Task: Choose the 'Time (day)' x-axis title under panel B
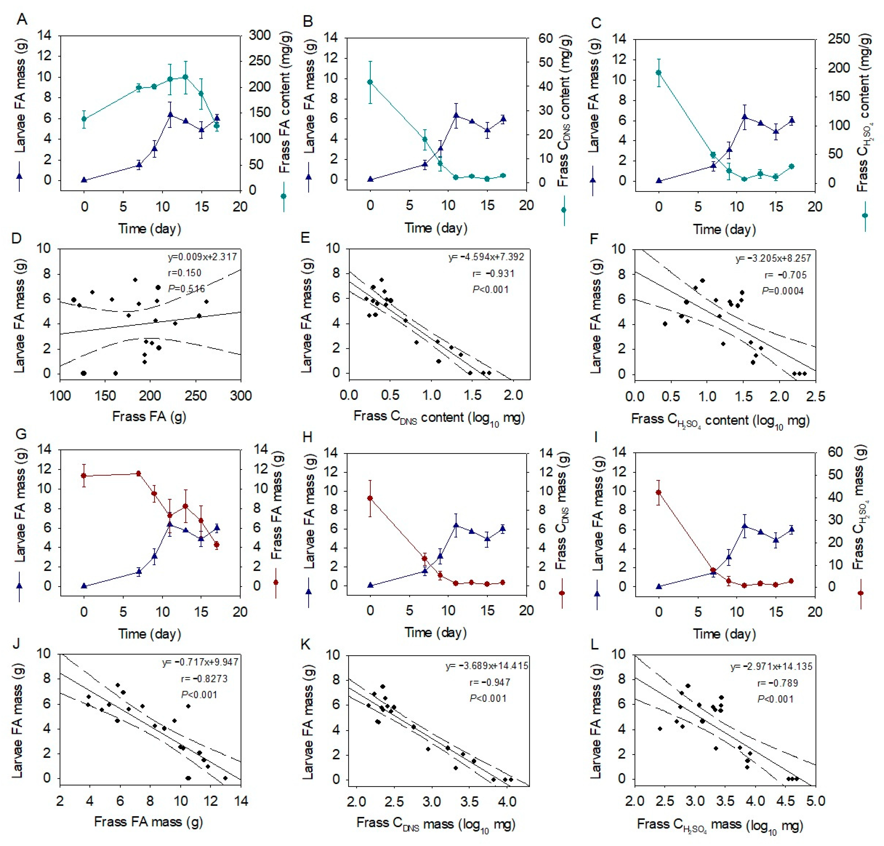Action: tap(436, 228)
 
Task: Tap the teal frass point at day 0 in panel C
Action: tap(659, 73)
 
